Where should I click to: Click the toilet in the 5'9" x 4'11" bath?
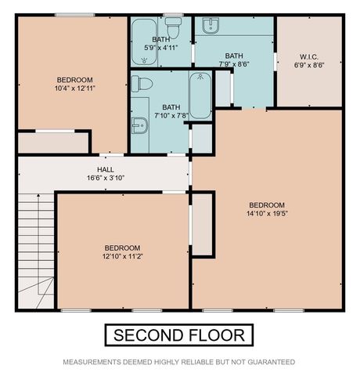pos(175,30)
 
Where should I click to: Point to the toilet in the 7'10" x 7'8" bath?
pos(142,83)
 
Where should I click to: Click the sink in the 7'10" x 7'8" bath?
pos(139,125)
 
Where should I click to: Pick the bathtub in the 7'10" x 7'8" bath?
pos(200,96)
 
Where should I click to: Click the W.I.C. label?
pos(309,56)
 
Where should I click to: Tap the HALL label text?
pos(106,169)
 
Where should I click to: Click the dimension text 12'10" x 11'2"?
pos(123,255)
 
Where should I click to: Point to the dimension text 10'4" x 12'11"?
pos(75,88)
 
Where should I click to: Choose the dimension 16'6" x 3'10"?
pos(106,178)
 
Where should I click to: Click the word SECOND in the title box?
pos(149,336)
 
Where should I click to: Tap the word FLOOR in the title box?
pos(217,336)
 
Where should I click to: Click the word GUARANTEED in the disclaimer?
pos(269,362)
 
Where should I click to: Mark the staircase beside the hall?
pos(35,247)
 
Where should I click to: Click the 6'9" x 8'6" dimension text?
pos(309,64)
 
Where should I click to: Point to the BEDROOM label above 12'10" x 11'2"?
pos(123,246)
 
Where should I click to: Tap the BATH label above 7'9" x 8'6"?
pos(234,56)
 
